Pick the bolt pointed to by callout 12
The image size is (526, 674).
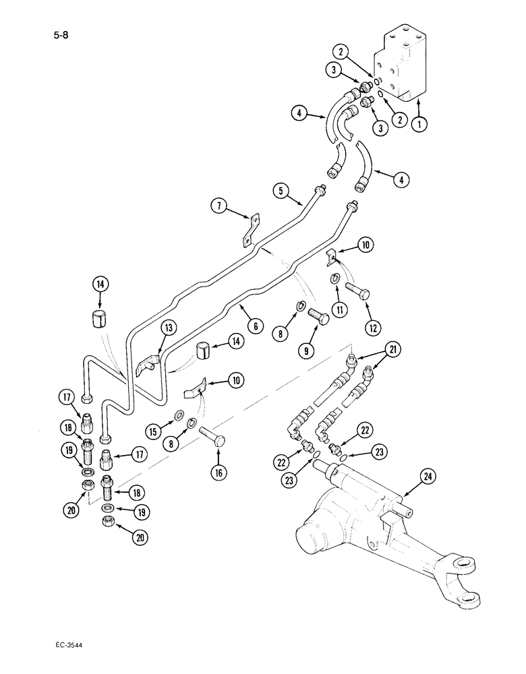[357, 290]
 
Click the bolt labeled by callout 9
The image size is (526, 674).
[320, 317]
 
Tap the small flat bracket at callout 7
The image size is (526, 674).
[252, 229]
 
